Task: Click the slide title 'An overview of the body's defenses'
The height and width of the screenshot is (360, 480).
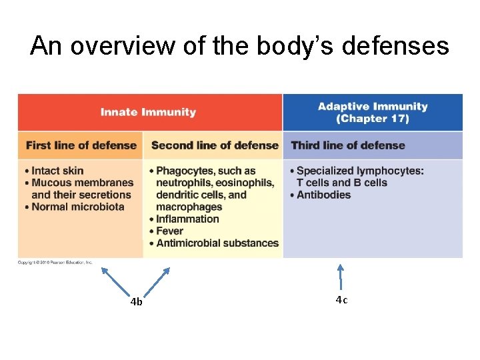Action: [239, 46]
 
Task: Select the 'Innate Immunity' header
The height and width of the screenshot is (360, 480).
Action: [148, 112]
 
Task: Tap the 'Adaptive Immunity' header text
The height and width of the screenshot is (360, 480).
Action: [373, 107]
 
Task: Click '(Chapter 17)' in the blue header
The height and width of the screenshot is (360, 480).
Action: [373, 119]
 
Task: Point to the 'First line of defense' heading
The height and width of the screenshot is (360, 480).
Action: [81, 145]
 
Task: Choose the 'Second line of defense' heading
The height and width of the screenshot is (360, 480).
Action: [215, 145]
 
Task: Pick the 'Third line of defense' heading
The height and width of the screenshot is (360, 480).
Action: [348, 145]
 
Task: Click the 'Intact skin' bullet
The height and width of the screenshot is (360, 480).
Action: [59, 171]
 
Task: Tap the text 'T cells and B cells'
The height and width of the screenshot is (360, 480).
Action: [341, 183]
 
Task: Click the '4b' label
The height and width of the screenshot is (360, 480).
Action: [136, 302]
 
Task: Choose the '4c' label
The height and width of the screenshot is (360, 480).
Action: [341, 300]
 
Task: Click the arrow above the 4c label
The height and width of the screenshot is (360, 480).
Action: [340, 276]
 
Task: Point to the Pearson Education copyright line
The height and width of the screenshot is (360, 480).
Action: [55, 262]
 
